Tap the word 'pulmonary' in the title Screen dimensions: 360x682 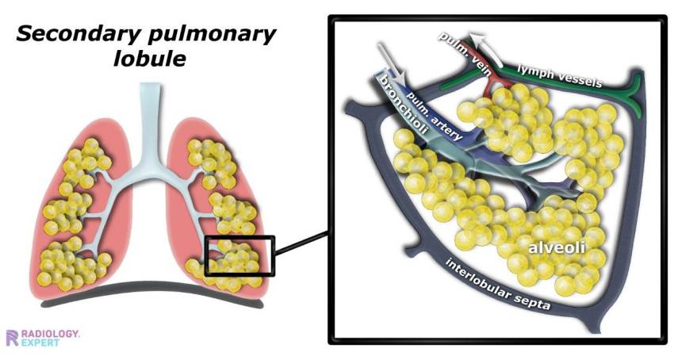pyautogui.click(x=209, y=34)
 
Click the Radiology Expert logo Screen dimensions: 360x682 pyautogui.click(x=43, y=337)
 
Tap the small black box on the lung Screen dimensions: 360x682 pyautogui.click(x=239, y=255)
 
